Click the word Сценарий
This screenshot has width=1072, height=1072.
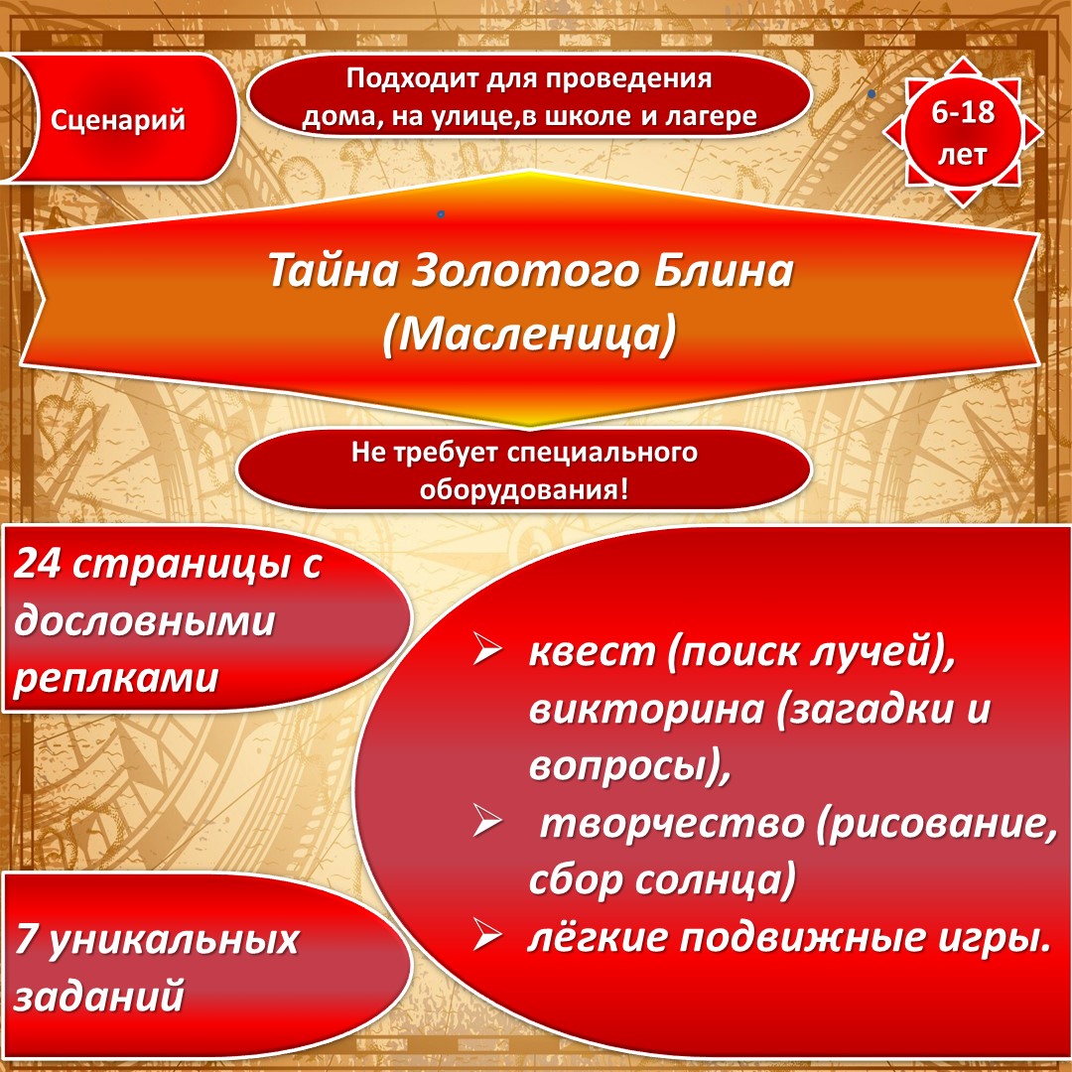click(x=117, y=121)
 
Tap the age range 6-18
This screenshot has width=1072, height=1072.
click(x=963, y=112)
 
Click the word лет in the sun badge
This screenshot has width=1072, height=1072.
click(x=962, y=155)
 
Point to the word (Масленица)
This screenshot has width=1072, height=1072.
click(x=530, y=335)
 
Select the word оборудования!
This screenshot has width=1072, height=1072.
click(x=524, y=489)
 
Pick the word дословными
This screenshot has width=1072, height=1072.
click(x=144, y=620)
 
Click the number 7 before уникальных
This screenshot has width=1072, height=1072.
click(x=25, y=939)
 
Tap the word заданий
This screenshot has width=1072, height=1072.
click(x=100, y=996)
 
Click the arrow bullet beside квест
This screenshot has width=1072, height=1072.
click(x=487, y=648)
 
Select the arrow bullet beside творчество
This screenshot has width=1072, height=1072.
click(x=487, y=821)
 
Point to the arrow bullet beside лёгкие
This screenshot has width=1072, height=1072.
click(x=487, y=934)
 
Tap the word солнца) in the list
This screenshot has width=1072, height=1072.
click(x=715, y=879)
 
